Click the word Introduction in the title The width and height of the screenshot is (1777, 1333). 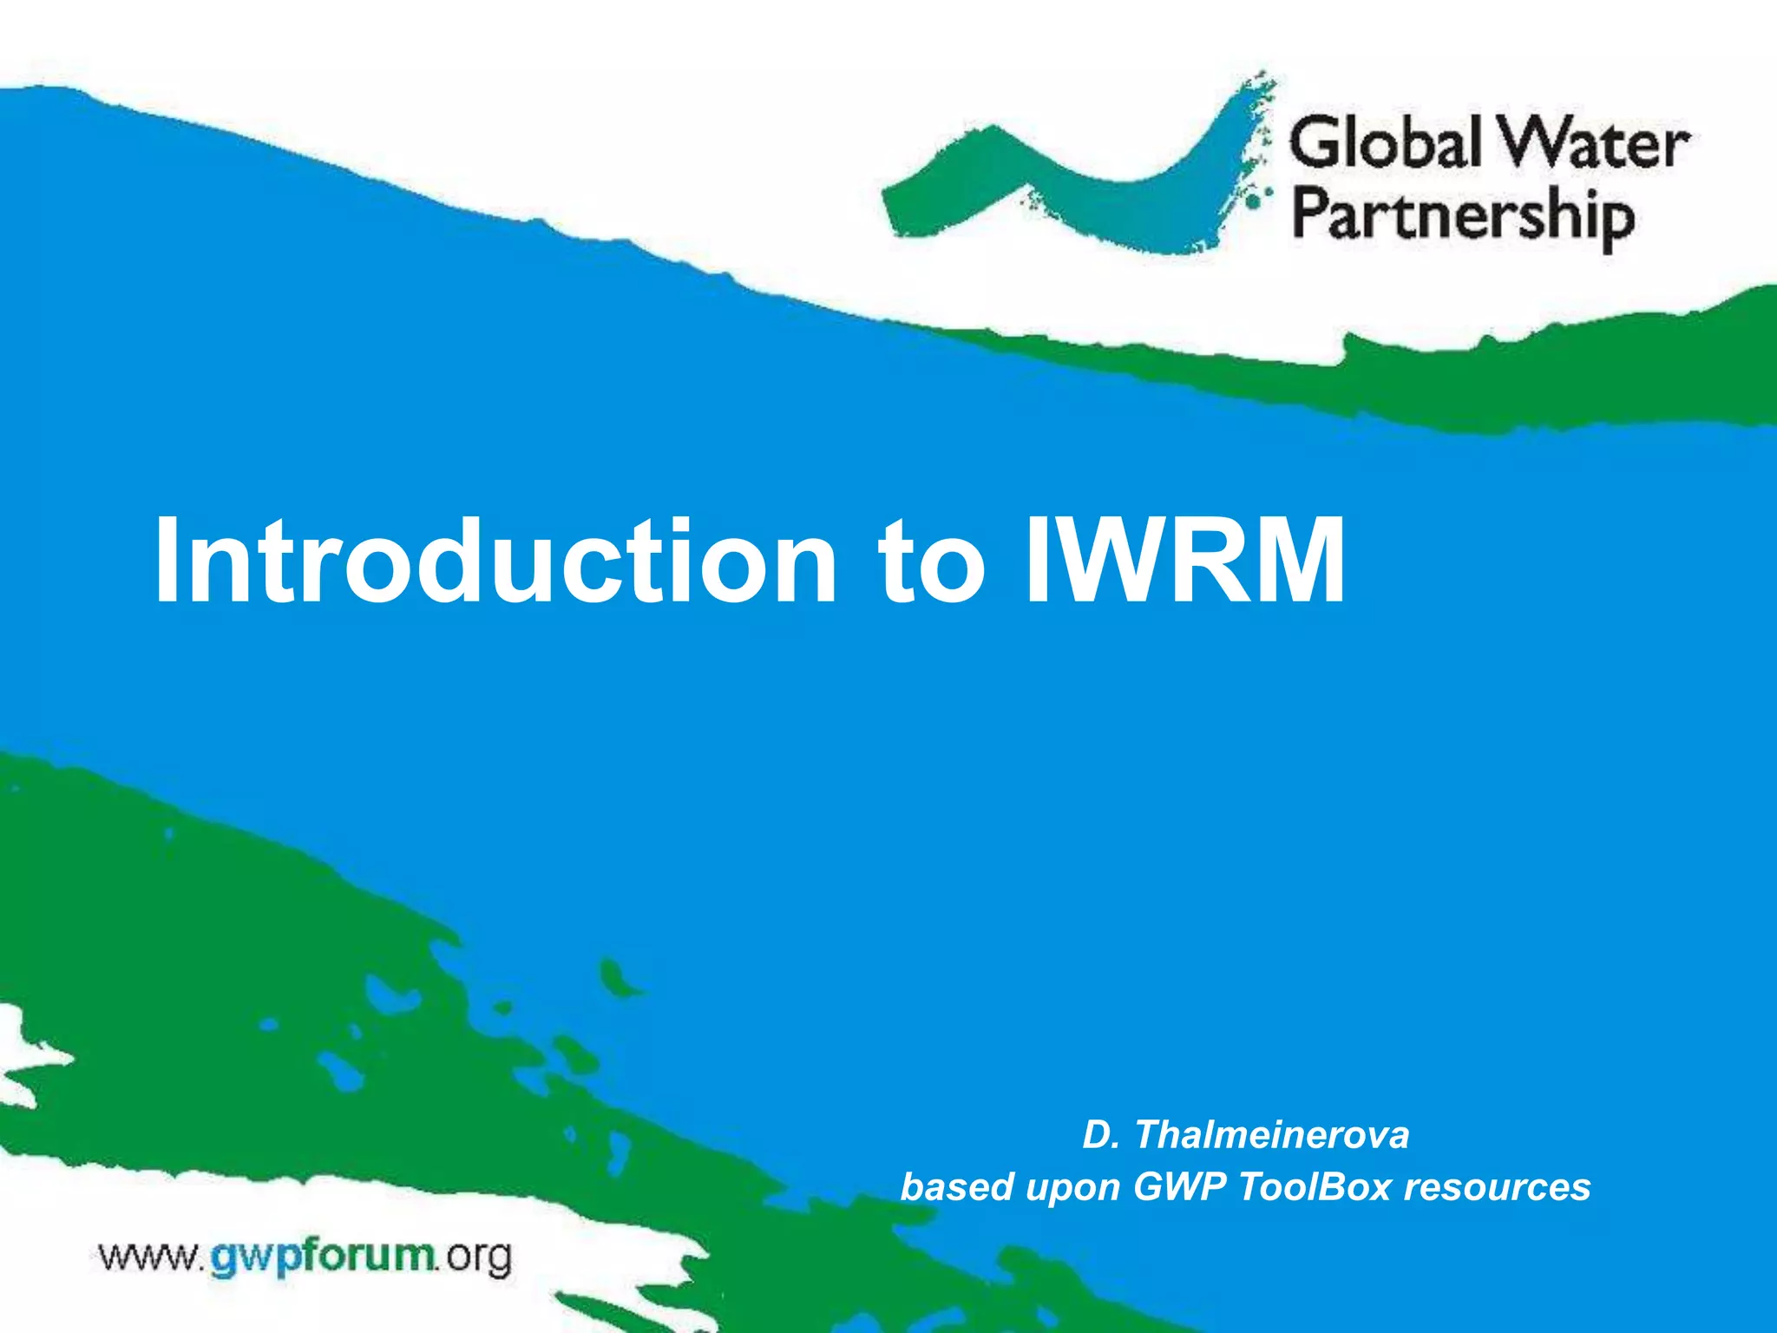click(x=495, y=562)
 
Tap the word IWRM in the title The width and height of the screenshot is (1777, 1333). click(x=1184, y=562)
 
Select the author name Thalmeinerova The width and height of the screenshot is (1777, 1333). click(x=1271, y=1135)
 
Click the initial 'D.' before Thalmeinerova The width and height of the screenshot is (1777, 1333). click(x=1100, y=1135)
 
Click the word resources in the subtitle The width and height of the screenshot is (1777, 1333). click(x=1498, y=1187)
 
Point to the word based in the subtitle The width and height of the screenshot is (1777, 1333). click(x=957, y=1187)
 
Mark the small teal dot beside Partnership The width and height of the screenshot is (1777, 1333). click(x=1252, y=201)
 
